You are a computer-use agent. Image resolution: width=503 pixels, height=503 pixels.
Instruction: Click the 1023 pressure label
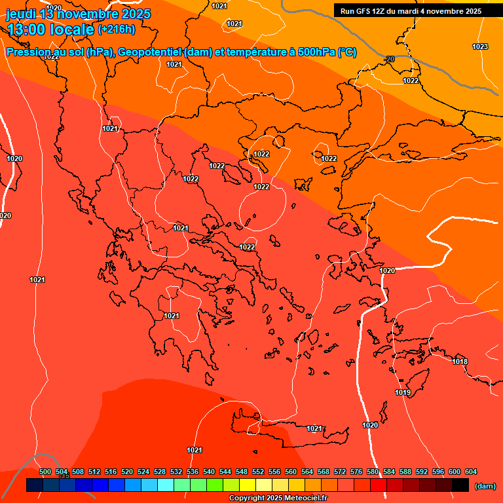[x=480, y=47]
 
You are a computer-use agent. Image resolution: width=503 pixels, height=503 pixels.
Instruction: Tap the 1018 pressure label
[x=460, y=362]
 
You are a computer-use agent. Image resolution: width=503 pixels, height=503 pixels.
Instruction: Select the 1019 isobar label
[x=403, y=392]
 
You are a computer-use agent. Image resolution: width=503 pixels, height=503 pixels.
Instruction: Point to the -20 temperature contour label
[x=389, y=60]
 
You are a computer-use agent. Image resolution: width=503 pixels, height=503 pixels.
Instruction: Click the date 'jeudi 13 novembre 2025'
[x=78, y=14]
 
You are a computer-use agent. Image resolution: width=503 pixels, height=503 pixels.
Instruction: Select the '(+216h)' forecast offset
[x=116, y=29]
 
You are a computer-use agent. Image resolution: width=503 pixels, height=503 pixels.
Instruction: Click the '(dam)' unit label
[x=485, y=486]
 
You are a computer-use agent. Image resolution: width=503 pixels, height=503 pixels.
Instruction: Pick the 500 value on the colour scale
[x=45, y=472]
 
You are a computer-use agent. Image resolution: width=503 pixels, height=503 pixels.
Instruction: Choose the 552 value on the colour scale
[x=258, y=472]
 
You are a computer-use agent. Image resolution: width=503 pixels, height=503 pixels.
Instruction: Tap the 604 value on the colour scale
[x=471, y=472]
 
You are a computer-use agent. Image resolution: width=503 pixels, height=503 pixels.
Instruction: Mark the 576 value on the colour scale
[x=356, y=472]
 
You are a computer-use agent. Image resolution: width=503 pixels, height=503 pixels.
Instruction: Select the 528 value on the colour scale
[x=160, y=472]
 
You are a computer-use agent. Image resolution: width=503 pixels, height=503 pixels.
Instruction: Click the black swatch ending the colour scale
[x=460, y=485]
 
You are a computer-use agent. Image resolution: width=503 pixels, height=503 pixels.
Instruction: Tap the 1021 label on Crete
[x=314, y=428]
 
